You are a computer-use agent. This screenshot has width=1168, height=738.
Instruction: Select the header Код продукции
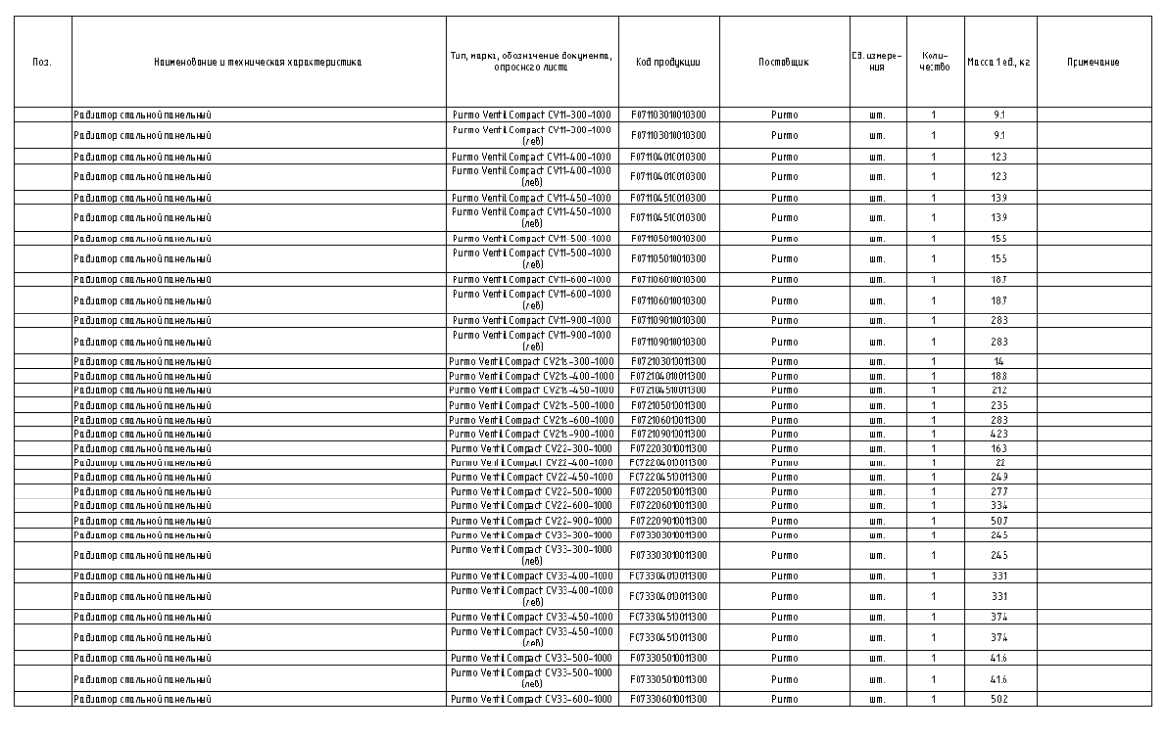668,62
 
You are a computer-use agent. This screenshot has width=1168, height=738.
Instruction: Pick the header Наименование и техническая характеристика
259,62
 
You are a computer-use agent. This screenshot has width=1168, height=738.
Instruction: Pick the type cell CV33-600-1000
531,699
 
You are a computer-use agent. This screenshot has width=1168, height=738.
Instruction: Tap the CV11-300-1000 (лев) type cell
531,134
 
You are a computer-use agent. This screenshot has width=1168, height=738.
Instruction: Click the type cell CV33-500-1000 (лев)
531,682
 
